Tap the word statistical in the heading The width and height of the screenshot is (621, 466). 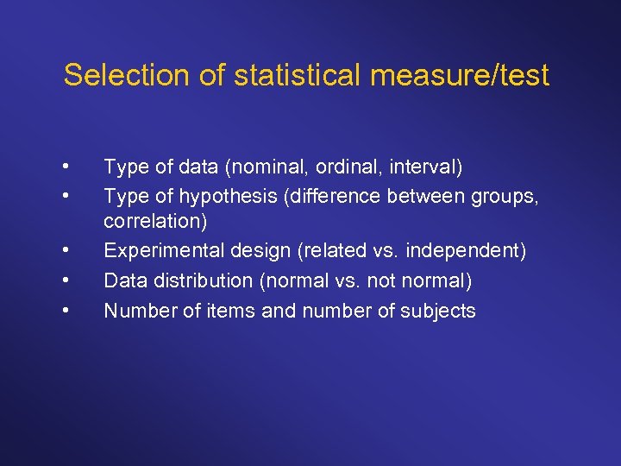282,75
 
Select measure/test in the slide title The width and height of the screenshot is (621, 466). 460,75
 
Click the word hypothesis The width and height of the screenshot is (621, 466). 216,196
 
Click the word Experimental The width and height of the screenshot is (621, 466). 158,251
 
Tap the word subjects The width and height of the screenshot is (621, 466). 438,311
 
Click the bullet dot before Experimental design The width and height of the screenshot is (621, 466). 66,252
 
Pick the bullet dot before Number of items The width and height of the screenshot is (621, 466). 66,311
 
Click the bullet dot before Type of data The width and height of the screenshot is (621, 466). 66,166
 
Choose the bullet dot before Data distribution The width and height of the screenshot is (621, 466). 66,281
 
